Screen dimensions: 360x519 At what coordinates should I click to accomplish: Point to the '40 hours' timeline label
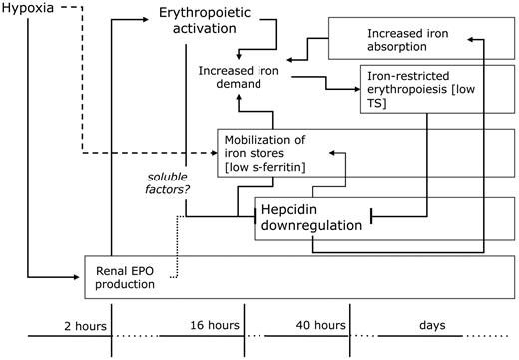pyautogui.click(x=319, y=326)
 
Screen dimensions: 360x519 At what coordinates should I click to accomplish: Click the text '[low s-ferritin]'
pyautogui.click(x=264, y=167)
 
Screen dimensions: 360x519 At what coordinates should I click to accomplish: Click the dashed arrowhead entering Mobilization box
pyautogui.click(x=214, y=153)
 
